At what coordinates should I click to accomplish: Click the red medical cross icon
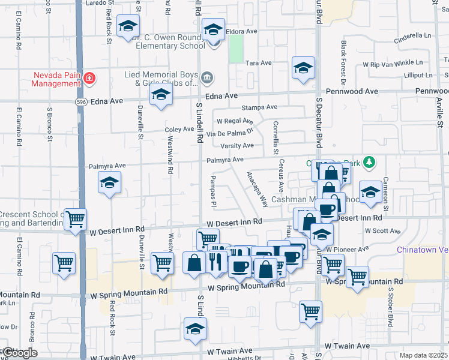[89, 77]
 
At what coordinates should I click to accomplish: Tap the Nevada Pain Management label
[57, 79]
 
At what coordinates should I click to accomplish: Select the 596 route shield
[80, 102]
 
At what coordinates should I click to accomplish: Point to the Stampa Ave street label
[259, 107]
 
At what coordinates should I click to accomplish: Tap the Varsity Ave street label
[237, 146]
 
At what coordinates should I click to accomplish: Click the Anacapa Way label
[258, 190]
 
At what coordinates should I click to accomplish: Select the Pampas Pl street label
[213, 190]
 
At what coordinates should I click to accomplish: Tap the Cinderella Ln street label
[413, 36]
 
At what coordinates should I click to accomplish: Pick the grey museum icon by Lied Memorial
[207, 76]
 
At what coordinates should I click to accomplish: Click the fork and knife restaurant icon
[215, 261]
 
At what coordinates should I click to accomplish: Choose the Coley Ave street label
[179, 130]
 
